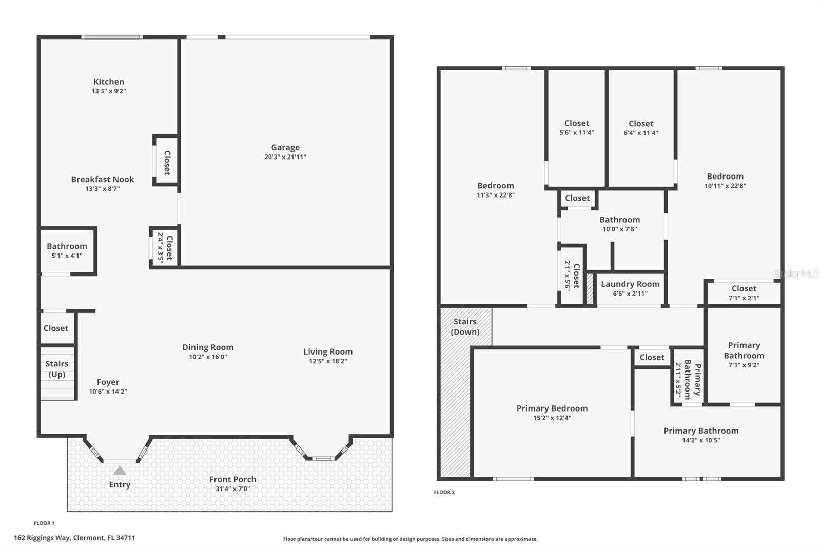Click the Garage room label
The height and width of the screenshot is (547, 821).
[285, 148]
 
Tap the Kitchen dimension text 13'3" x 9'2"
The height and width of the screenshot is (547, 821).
[109, 91]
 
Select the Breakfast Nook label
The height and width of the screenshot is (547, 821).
[103, 179]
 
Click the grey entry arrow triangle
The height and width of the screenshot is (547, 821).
[120, 471]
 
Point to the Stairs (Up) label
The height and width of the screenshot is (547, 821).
[56, 369]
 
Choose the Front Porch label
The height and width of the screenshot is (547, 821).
[232, 479]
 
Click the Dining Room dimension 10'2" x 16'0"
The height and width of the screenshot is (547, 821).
[208, 357]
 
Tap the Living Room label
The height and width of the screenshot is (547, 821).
[328, 351]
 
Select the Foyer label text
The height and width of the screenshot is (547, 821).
[108, 382]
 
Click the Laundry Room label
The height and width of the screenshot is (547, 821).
[630, 284]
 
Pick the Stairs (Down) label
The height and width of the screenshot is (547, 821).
[465, 327]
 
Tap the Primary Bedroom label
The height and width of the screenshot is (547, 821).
[552, 408]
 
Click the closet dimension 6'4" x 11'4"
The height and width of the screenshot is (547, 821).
[641, 133]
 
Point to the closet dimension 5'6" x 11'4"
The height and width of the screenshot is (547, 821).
[577, 133]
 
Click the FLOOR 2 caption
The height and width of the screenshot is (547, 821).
[444, 492]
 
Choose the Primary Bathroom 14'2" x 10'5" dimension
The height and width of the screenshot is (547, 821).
[701, 440]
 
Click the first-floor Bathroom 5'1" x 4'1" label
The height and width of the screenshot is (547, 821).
[67, 250]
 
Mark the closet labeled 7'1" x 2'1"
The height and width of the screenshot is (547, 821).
[744, 293]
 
